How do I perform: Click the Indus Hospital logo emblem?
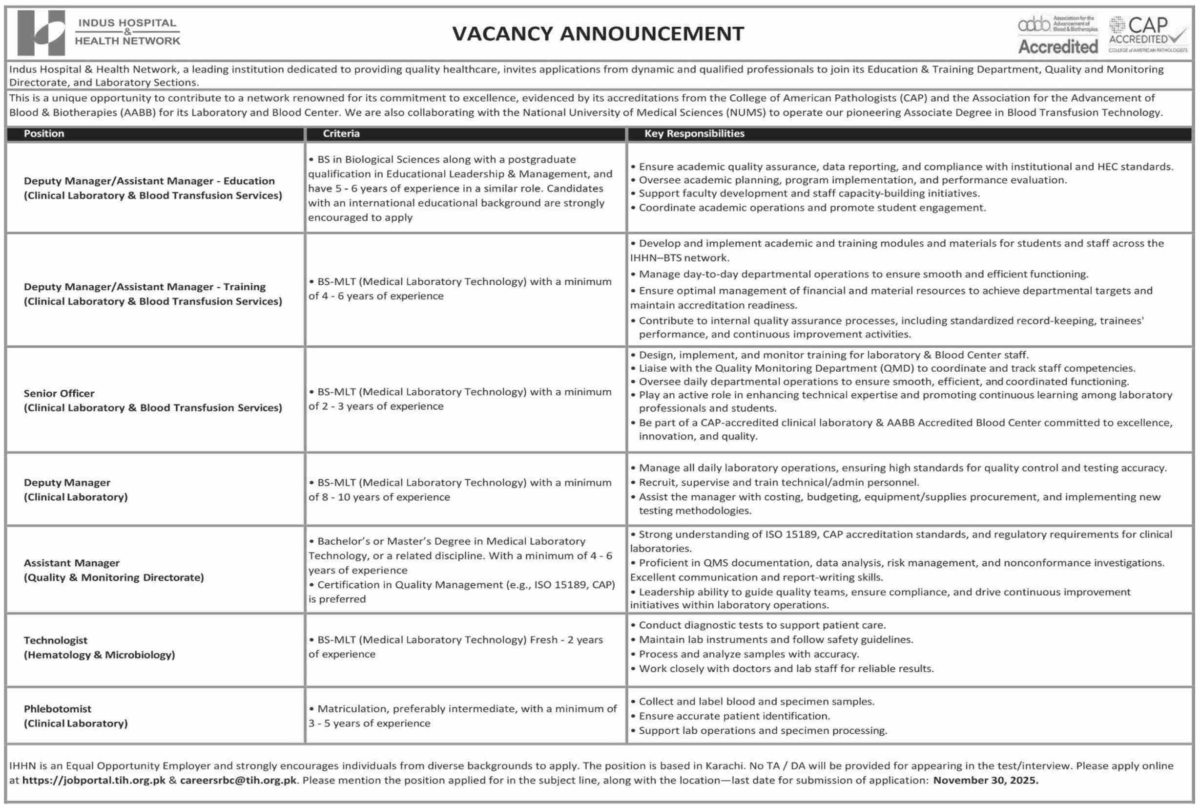click(x=41, y=33)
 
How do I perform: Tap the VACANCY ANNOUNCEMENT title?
click(x=598, y=34)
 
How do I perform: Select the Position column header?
click(x=44, y=133)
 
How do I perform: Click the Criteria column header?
click(x=341, y=133)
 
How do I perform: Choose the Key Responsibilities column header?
click(x=694, y=133)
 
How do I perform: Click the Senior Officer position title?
click(x=59, y=393)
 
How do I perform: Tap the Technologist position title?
click(x=55, y=640)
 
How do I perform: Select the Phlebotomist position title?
click(x=57, y=708)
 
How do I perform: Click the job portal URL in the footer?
click(x=94, y=780)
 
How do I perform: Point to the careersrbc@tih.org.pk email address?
click(x=238, y=780)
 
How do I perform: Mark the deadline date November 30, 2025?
click(x=985, y=780)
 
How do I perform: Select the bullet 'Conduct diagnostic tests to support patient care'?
click(x=762, y=625)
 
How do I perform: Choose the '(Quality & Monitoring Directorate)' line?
click(x=113, y=577)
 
